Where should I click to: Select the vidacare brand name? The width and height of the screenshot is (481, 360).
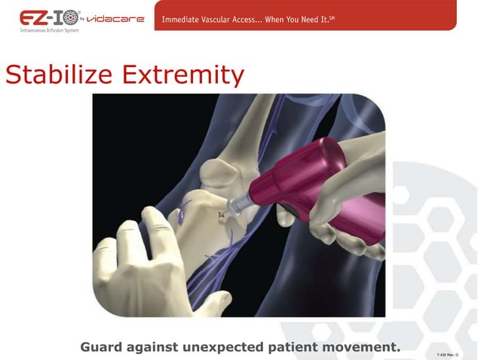[x=115, y=18]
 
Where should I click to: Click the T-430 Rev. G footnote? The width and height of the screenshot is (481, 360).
[x=446, y=353]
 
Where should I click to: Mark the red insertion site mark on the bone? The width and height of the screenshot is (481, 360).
[x=221, y=216]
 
